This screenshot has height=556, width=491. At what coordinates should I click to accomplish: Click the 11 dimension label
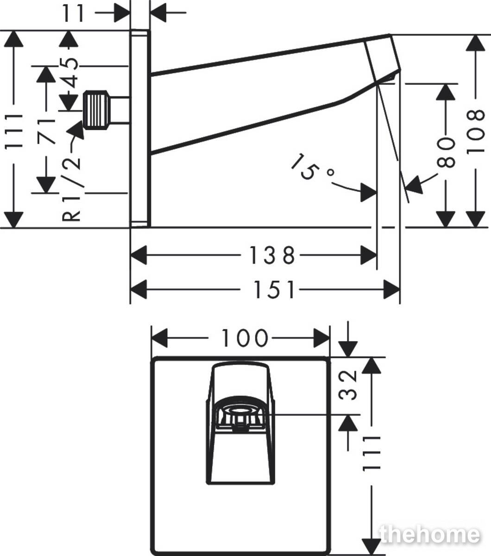point(73,13)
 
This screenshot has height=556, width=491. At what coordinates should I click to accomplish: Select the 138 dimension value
point(272,255)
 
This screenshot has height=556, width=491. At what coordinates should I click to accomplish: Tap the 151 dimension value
point(274,289)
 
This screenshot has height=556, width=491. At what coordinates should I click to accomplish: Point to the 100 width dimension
point(245,338)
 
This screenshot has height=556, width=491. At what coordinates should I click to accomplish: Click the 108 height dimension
point(476,132)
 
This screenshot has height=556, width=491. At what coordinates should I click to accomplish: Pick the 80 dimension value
point(446,152)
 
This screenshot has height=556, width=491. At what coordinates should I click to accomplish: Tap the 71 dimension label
point(46,132)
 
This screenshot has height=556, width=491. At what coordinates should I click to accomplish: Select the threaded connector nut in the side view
point(96,110)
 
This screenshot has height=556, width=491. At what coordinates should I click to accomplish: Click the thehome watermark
point(429,534)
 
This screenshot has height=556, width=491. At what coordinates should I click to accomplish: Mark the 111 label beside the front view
point(371,454)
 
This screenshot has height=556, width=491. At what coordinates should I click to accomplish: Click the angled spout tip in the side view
point(383,58)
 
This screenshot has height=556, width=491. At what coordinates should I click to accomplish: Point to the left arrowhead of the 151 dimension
point(138,289)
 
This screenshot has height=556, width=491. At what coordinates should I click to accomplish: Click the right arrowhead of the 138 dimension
point(368,255)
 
